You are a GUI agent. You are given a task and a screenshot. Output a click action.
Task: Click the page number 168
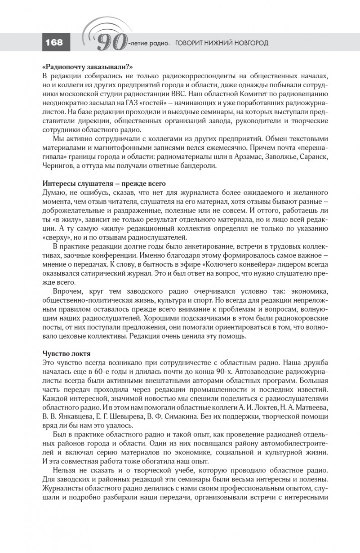(53, 43)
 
